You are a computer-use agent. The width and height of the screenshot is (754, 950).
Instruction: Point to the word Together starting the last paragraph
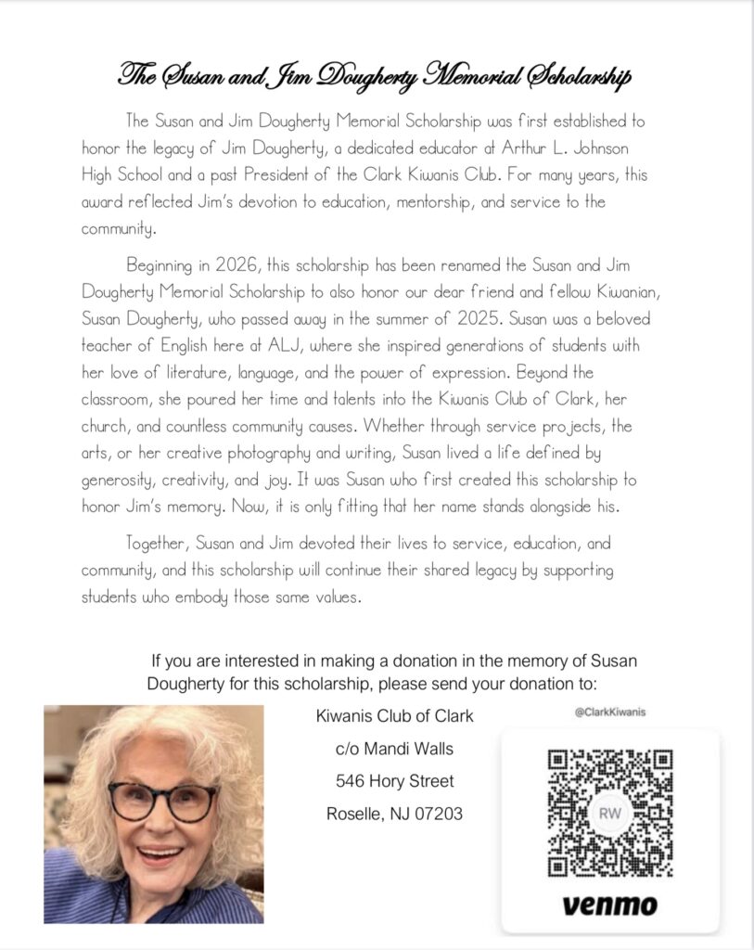point(157,544)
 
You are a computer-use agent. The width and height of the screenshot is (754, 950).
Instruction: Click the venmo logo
point(609,905)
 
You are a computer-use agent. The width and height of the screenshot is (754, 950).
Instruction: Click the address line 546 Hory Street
point(394,782)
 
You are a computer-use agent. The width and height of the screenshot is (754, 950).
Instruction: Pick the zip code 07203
point(435,815)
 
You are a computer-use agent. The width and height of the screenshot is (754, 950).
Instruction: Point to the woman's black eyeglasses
point(163,799)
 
